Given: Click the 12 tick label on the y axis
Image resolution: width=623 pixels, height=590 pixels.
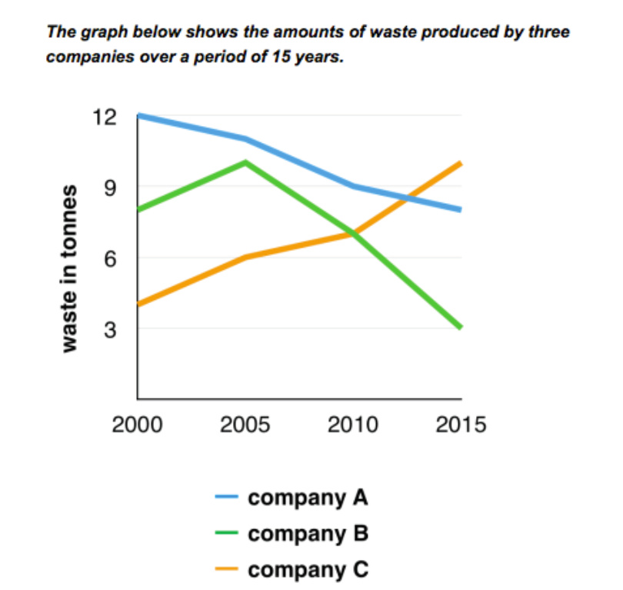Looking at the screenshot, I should click(106, 117).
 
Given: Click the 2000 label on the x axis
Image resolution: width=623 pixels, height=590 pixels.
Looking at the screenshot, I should click(137, 425).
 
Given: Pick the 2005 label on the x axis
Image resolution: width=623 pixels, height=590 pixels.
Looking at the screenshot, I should click(245, 425).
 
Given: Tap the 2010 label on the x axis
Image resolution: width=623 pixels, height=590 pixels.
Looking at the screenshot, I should click(353, 425).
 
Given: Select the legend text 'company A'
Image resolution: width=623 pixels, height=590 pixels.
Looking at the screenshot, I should click(308, 498).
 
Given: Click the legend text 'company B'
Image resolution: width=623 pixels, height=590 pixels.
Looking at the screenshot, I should click(308, 534).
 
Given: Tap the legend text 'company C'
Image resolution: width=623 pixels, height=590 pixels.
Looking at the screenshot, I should click(308, 570).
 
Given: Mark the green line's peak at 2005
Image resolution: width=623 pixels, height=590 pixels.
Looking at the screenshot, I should click(245, 162).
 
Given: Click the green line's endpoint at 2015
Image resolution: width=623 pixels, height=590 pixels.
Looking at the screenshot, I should click(460, 328).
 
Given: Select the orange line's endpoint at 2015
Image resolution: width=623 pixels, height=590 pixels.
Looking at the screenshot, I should click(460, 163).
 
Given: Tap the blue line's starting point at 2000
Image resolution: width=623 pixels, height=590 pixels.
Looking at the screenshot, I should click(139, 116).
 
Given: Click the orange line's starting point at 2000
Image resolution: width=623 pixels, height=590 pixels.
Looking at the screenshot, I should click(139, 305).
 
